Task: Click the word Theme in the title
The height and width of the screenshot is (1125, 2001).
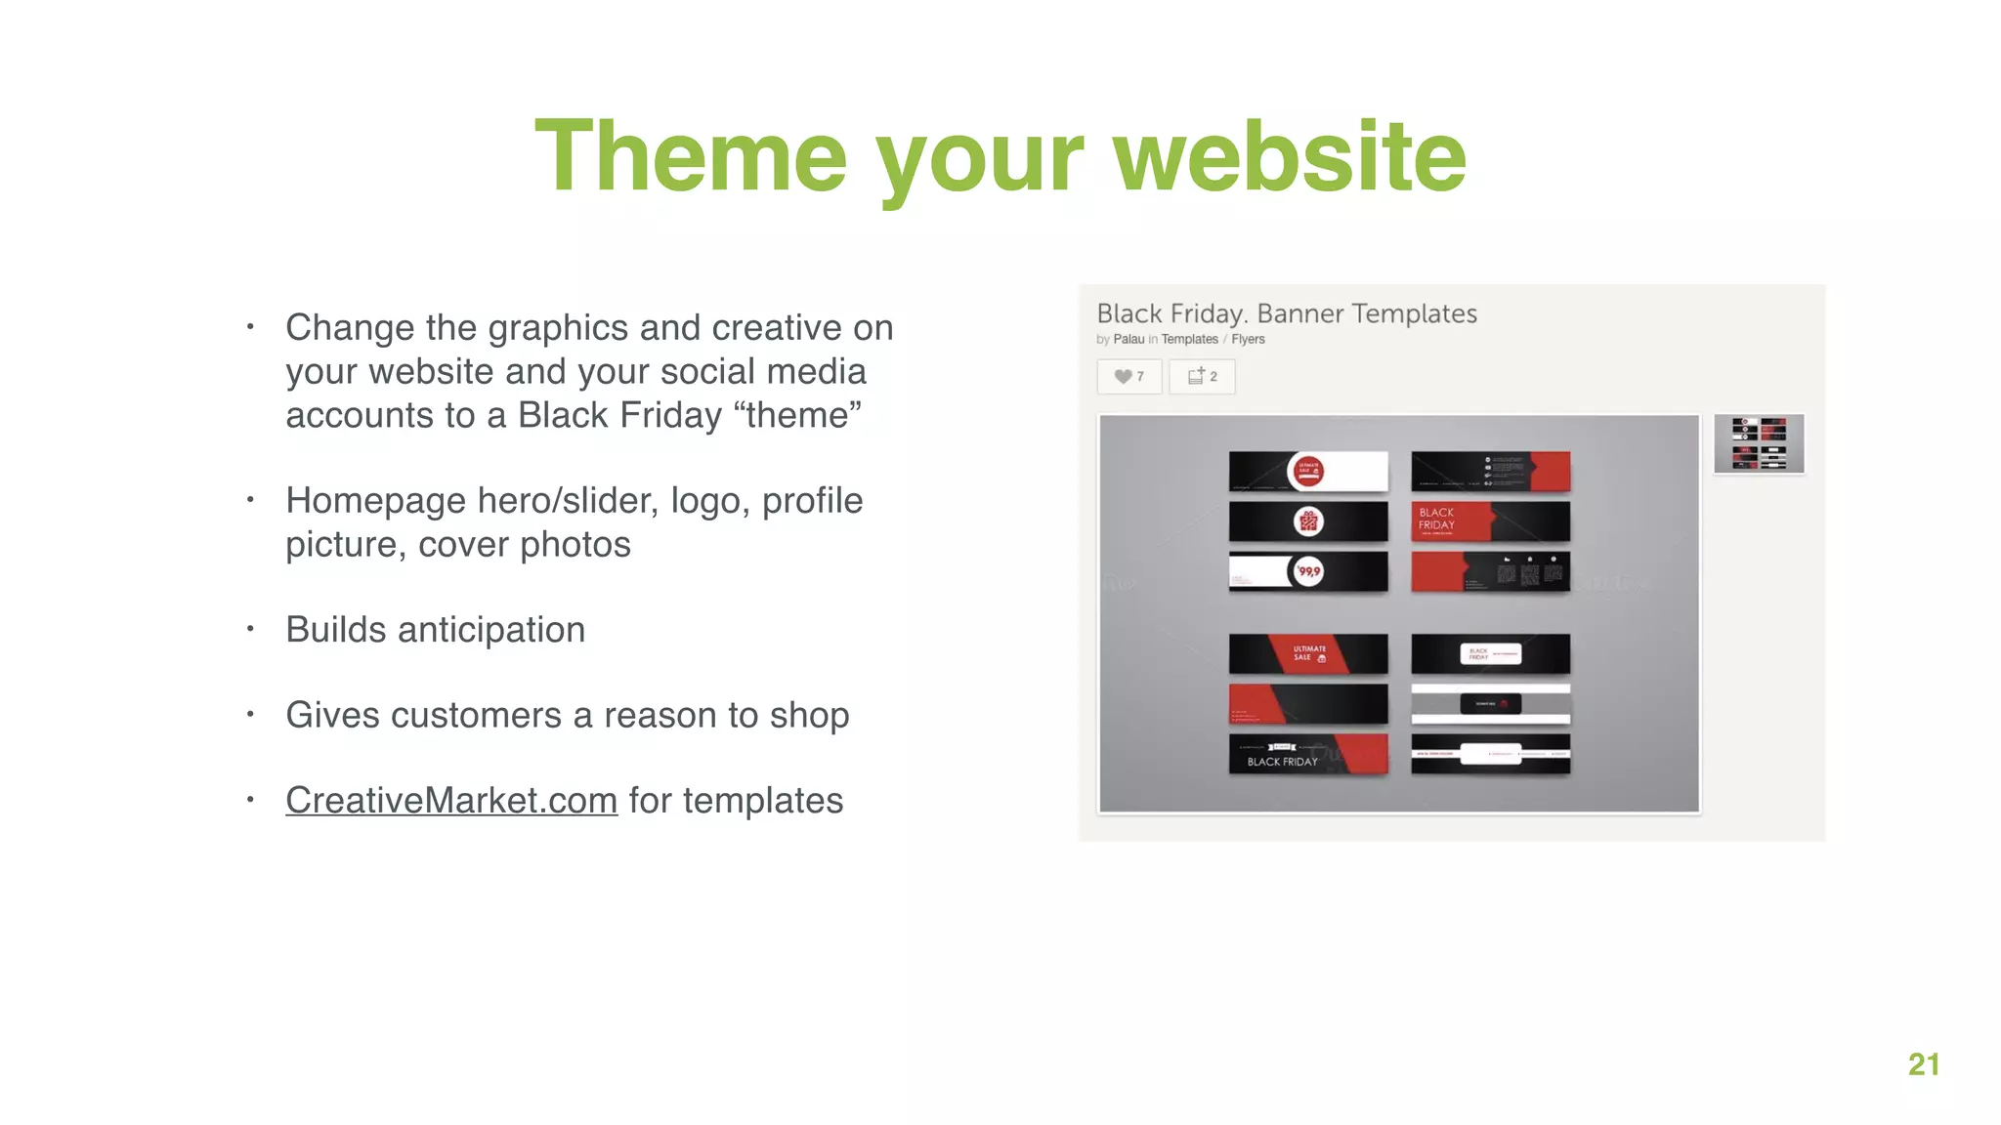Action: pos(691,156)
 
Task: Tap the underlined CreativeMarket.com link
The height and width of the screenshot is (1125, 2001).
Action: pos(451,801)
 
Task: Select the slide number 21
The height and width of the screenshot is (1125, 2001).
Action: pos(1923,1063)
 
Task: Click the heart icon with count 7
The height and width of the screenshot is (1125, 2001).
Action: pos(1129,377)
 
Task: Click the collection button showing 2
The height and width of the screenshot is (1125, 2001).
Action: pos(1202,377)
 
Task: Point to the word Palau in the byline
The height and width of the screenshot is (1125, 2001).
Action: pos(1128,340)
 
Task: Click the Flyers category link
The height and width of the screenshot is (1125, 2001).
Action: pos(1248,340)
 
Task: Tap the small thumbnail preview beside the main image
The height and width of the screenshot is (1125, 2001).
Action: pos(1759,444)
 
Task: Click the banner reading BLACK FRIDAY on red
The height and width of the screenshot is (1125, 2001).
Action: pos(1490,521)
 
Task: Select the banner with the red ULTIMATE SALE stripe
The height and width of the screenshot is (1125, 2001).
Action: pos(1307,654)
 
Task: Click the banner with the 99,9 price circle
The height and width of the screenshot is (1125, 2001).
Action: pos(1307,571)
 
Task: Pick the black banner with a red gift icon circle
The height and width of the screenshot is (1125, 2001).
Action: pos(1307,521)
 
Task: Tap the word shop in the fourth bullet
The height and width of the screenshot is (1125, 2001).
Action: pos(809,716)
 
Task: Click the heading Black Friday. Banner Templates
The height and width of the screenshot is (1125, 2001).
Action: pos(1286,313)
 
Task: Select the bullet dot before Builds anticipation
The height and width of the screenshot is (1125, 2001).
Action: pos(250,629)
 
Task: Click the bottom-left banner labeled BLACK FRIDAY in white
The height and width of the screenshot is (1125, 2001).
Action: pos(1307,755)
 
